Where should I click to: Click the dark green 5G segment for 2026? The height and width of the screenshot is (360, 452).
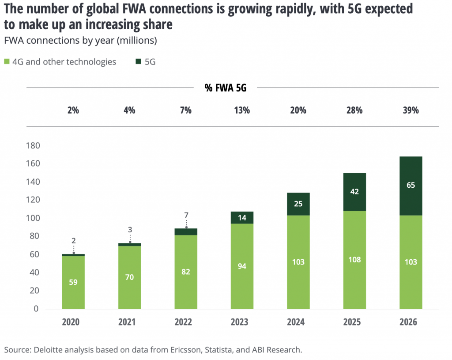[411, 186]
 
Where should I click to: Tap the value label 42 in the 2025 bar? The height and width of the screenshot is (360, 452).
[354, 192]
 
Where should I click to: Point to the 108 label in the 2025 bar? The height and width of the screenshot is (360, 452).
[354, 259]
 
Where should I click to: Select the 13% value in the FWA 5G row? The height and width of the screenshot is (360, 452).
[242, 110]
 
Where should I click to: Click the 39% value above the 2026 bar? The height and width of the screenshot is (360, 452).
[411, 110]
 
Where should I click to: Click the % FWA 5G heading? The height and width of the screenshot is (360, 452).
[226, 88]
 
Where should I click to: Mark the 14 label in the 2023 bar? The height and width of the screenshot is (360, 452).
[242, 217]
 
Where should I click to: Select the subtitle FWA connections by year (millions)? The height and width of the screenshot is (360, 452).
[80, 41]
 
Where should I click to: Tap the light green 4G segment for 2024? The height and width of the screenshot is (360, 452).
[298, 262]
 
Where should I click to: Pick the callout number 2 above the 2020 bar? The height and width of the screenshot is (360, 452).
[73, 241]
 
